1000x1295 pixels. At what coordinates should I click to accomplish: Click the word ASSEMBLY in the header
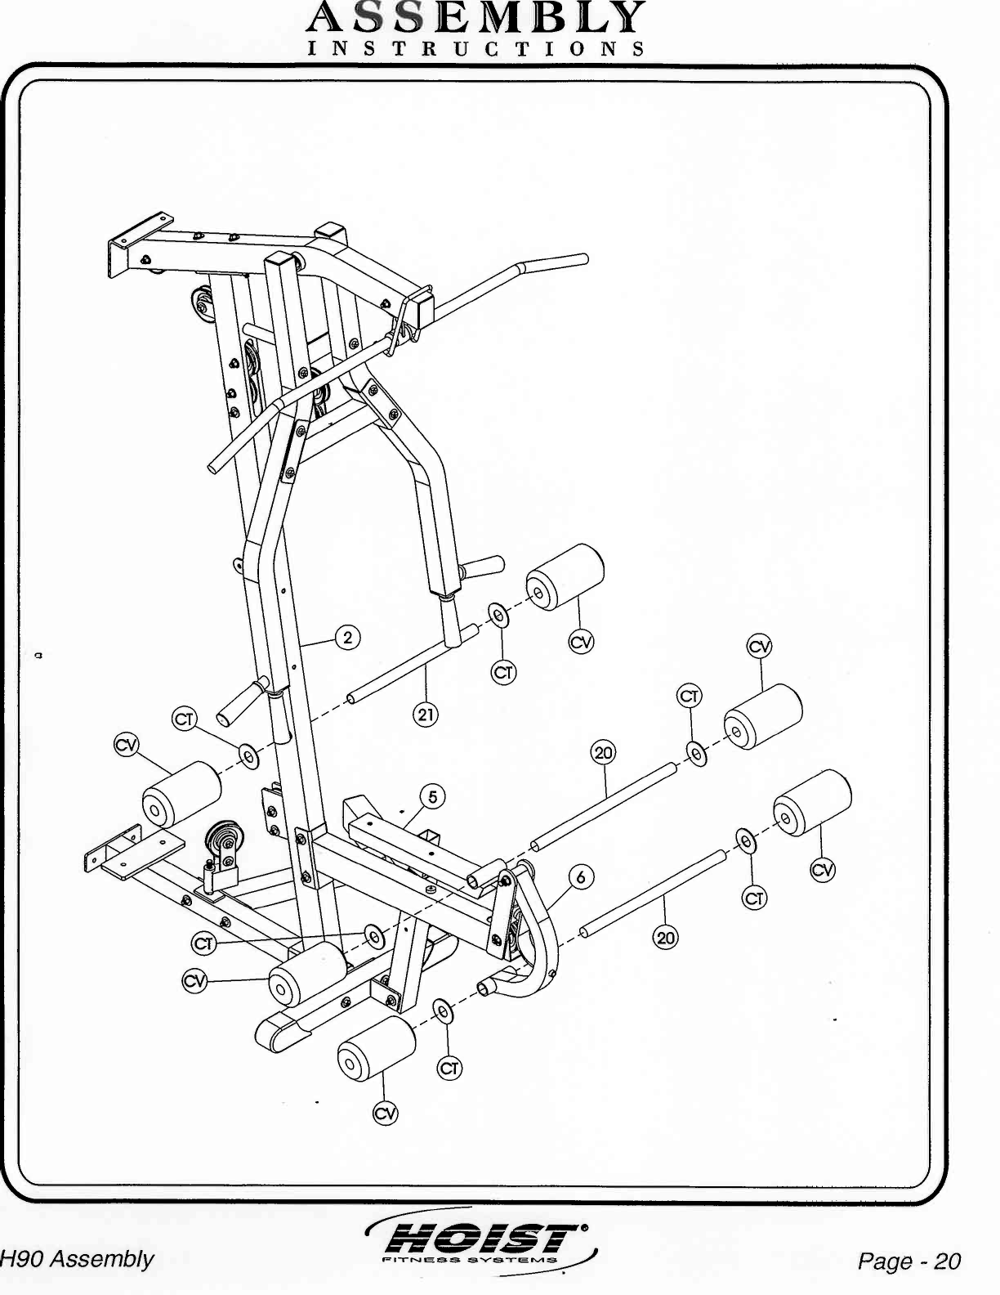coord(477,16)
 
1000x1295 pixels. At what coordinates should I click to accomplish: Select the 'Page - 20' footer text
coord(908,1261)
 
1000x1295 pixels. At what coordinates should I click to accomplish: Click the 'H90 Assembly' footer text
coord(78,1259)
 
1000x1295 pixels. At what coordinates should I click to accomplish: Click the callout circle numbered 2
coord(348,638)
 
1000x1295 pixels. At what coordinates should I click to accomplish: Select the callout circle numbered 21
coord(426,715)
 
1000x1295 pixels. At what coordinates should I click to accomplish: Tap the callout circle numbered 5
coord(433,797)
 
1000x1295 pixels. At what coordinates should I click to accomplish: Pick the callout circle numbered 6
coord(581,878)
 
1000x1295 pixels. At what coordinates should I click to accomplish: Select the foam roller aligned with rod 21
coord(565,576)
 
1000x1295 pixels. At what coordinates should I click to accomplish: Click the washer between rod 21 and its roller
coord(498,614)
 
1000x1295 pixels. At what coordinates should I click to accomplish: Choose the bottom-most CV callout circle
coord(385,1114)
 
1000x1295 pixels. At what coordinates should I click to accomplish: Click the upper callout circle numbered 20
coord(603,752)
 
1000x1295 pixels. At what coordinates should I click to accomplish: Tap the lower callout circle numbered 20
coord(666,938)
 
